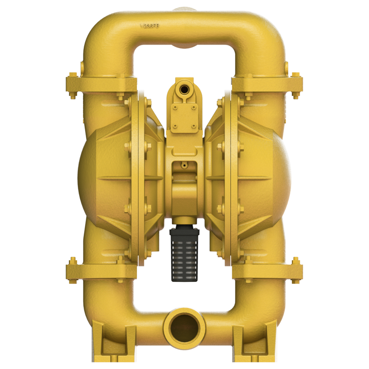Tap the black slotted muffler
point(184,253)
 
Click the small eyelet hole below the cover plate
point(184,165)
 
